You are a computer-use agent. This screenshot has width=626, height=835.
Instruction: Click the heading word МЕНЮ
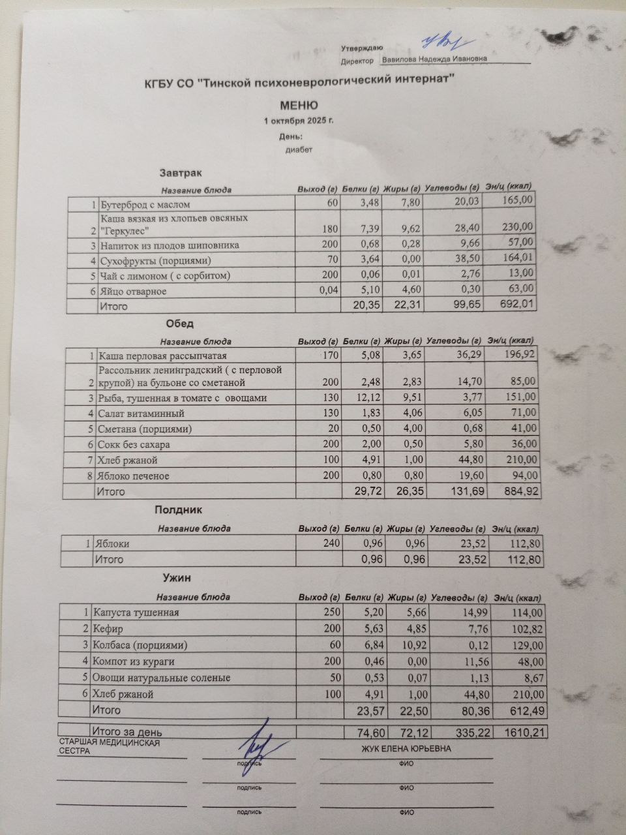(x=299, y=105)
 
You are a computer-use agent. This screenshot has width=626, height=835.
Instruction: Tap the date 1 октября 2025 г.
(x=299, y=121)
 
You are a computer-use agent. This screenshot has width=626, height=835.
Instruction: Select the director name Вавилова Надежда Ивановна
(x=434, y=59)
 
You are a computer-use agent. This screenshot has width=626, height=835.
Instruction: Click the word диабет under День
(x=299, y=149)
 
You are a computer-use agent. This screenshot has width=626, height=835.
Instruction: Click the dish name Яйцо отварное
(x=133, y=291)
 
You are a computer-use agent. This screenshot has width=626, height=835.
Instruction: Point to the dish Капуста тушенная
(x=136, y=613)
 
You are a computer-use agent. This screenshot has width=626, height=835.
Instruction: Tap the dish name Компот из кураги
(x=134, y=661)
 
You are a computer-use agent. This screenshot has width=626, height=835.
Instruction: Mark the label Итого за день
(x=128, y=732)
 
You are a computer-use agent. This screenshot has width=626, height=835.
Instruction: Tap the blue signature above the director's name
(x=441, y=42)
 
